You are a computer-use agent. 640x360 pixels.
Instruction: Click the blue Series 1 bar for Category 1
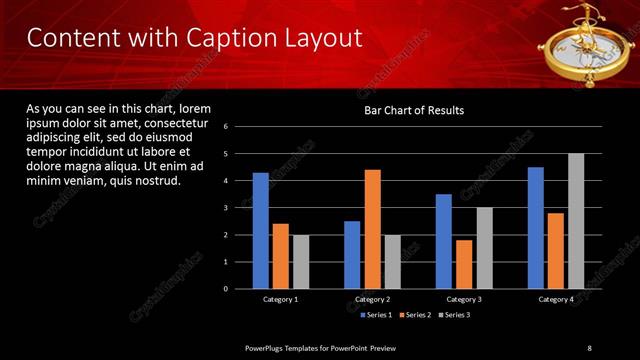[x=261, y=231]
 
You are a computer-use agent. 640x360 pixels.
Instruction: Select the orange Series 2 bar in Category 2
[x=372, y=229]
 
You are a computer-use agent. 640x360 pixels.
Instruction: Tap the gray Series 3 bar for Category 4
[x=576, y=221]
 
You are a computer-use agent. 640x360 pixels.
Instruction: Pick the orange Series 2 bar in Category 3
[x=463, y=264]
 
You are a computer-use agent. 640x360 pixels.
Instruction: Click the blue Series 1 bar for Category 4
[x=536, y=228]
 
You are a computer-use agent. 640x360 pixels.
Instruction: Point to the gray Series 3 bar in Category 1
[x=301, y=262]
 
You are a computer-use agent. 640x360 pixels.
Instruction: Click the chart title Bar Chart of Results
[x=413, y=111]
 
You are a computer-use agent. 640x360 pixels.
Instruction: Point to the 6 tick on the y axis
[x=226, y=127]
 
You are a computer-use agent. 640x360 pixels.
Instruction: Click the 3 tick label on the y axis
[x=226, y=208]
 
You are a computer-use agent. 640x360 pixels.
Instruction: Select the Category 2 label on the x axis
[x=372, y=299]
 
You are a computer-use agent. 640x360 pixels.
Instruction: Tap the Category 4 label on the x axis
[x=556, y=299]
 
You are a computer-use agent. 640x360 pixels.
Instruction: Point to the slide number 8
[x=589, y=347]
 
